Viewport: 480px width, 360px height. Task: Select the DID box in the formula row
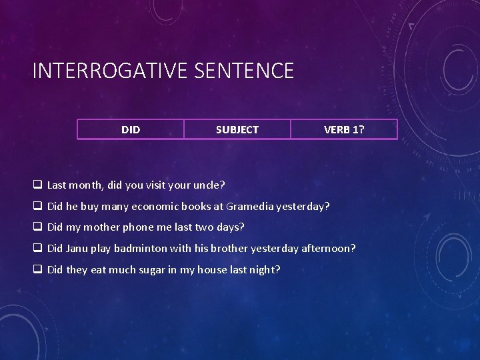click(x=131, y=129)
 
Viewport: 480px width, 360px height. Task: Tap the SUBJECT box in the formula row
click(x=237, y=129)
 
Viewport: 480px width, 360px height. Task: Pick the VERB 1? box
click(x=344, y=129)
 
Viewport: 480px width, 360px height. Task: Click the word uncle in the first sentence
click(x=207, y=185)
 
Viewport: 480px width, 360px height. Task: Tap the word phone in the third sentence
click(x=137, y=227)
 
